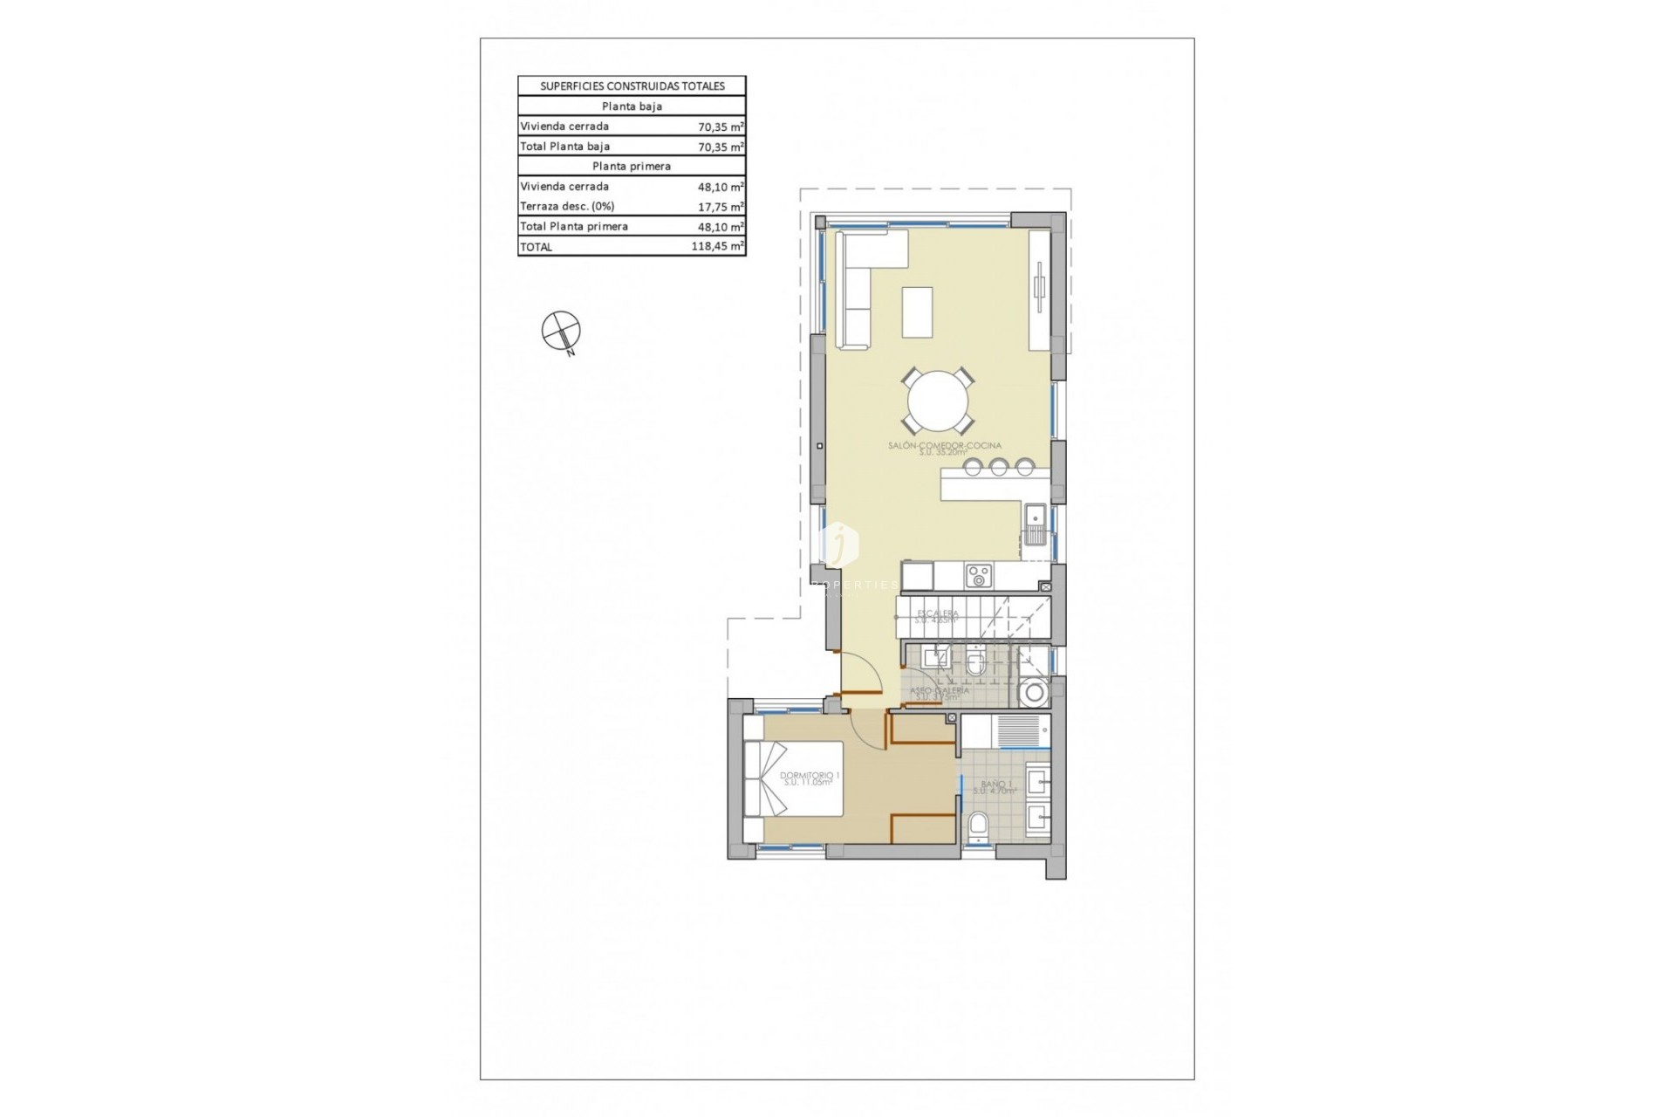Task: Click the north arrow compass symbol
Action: [561, 332]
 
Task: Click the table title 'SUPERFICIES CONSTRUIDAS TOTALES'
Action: [632, 86]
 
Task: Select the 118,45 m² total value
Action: [717, 247]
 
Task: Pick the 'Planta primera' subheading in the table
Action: [632, 166]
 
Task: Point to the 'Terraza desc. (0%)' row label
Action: [567, 207]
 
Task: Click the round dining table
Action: [938, 402]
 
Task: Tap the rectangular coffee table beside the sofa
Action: [917, 312]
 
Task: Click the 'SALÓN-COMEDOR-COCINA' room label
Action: [944, 446]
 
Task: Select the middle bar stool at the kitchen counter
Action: [999, 468]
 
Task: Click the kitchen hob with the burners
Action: [978, 576]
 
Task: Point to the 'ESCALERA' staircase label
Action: [937, 614]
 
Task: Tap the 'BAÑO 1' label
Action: [995, 785]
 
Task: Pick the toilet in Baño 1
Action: [979, 825]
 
